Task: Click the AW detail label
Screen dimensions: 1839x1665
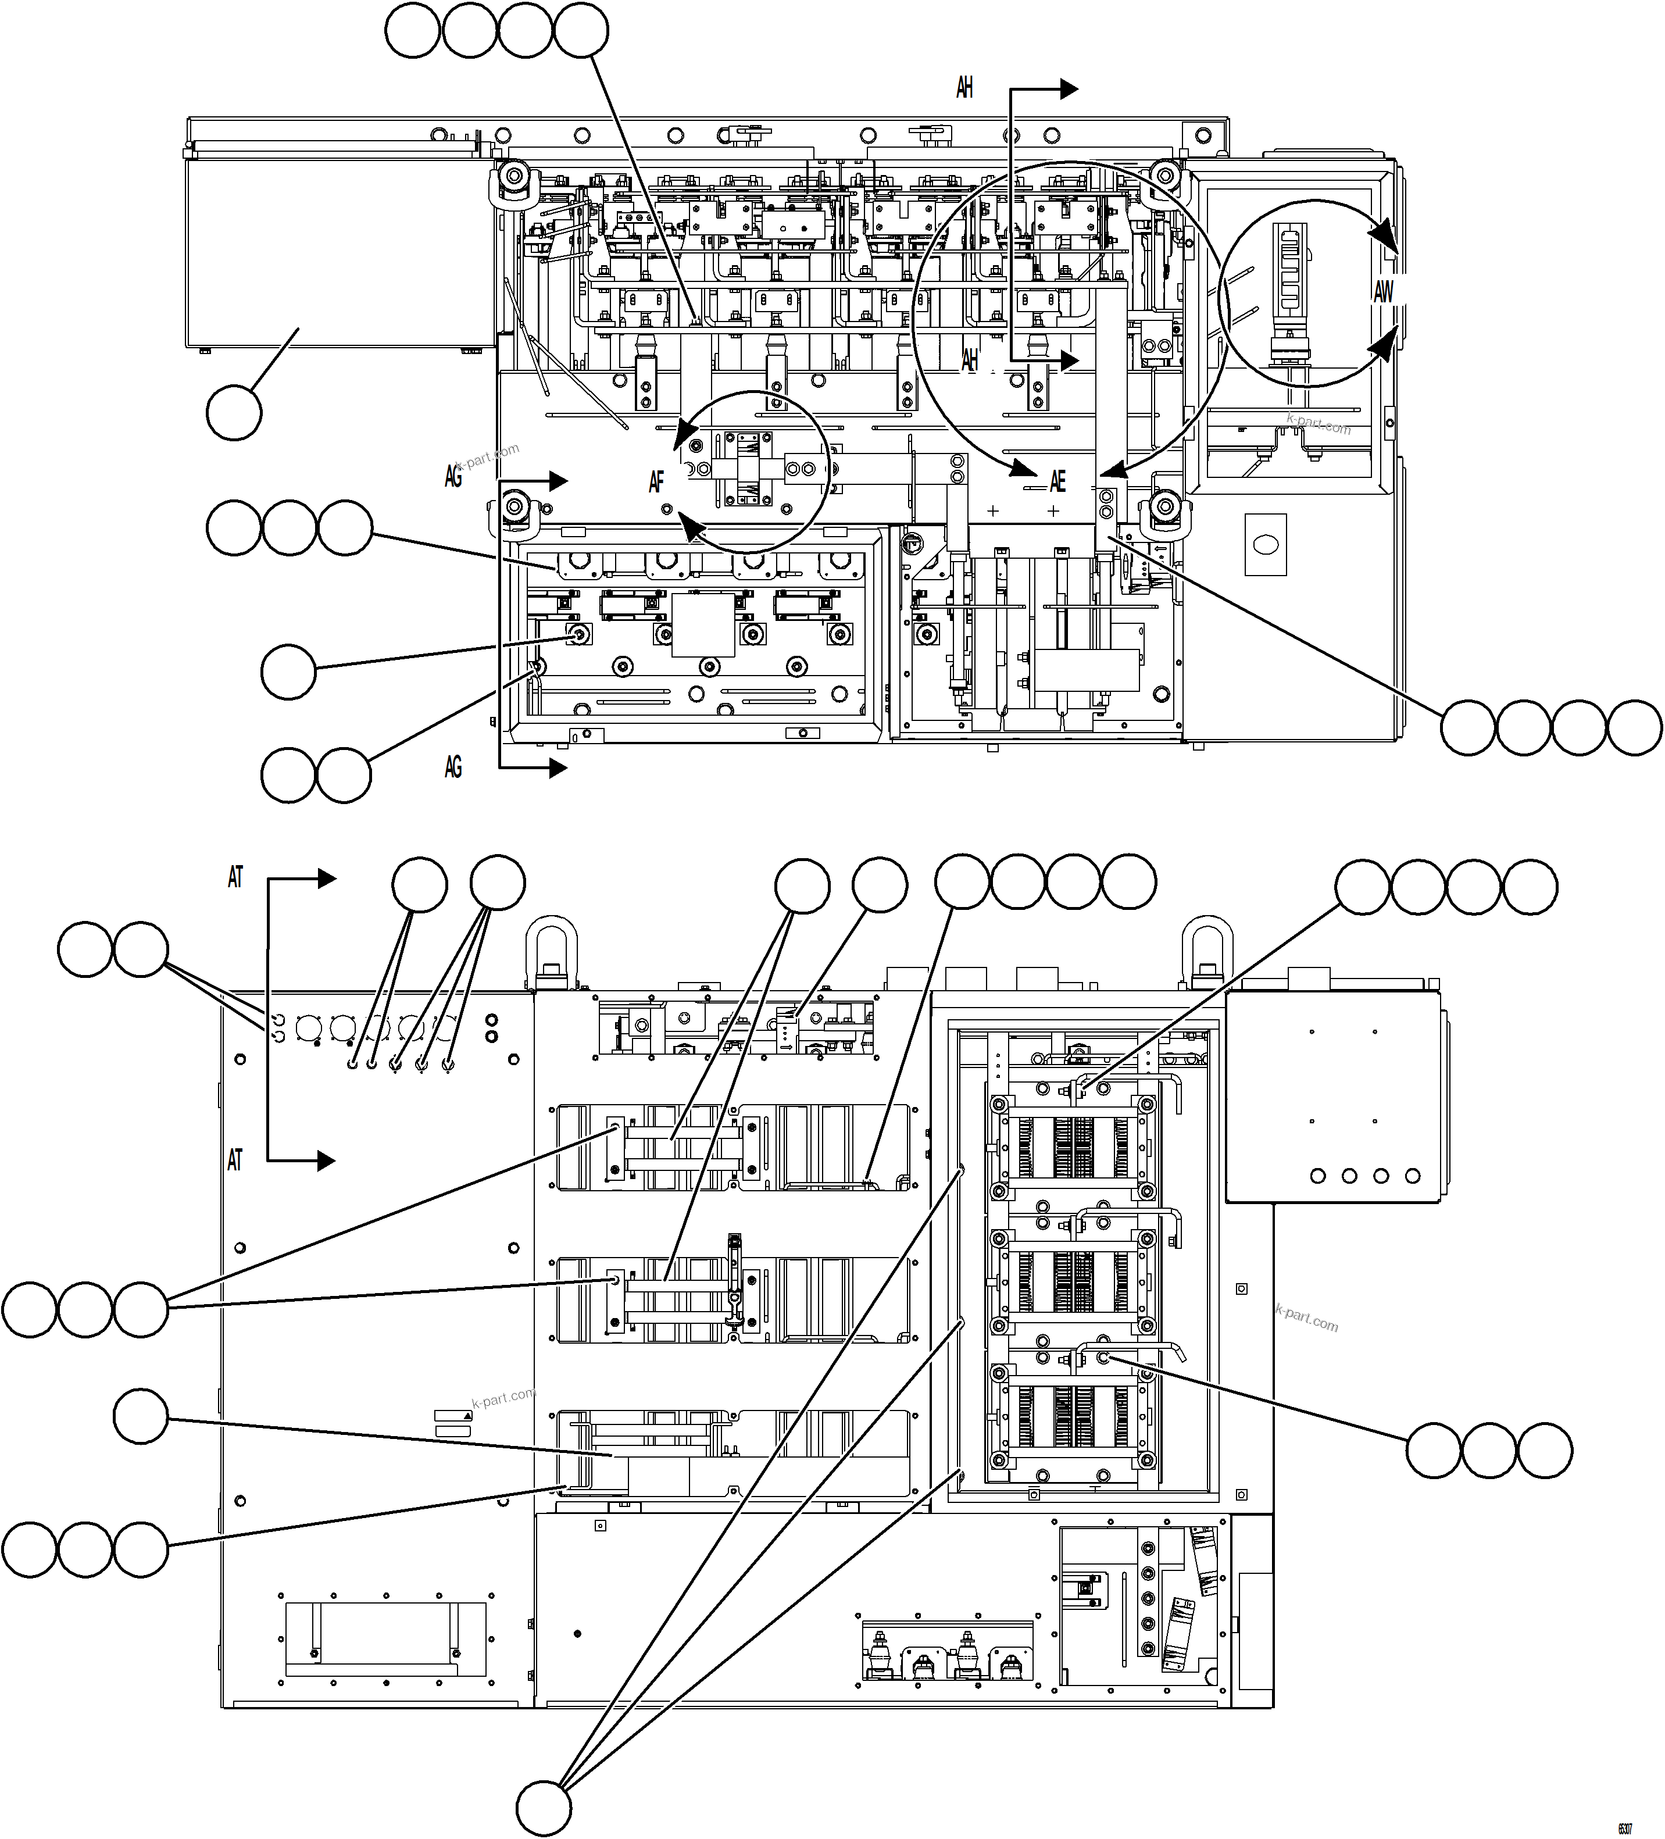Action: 1383,292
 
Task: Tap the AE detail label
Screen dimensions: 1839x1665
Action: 1057,481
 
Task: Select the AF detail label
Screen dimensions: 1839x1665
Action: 656,481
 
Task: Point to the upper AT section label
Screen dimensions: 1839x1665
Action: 235,877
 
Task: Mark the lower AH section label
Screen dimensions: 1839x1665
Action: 970,360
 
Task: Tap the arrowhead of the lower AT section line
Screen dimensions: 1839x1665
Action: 327,1160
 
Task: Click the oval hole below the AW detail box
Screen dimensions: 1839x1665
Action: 1266,545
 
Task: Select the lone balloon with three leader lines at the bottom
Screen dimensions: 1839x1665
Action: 544,1808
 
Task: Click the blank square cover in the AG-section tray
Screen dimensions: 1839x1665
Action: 703,625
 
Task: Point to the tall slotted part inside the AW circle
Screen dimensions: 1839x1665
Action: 1288,270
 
